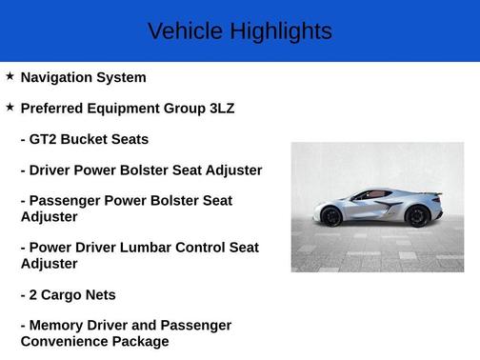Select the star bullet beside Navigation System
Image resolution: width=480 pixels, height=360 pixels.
pos(10,76)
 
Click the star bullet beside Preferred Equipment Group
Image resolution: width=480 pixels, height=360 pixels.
pos(10,107)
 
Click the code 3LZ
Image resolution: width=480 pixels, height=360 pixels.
pos(221,109)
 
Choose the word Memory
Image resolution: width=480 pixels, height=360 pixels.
pos(57,326)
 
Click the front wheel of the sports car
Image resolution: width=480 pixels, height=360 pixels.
pos(331,217)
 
